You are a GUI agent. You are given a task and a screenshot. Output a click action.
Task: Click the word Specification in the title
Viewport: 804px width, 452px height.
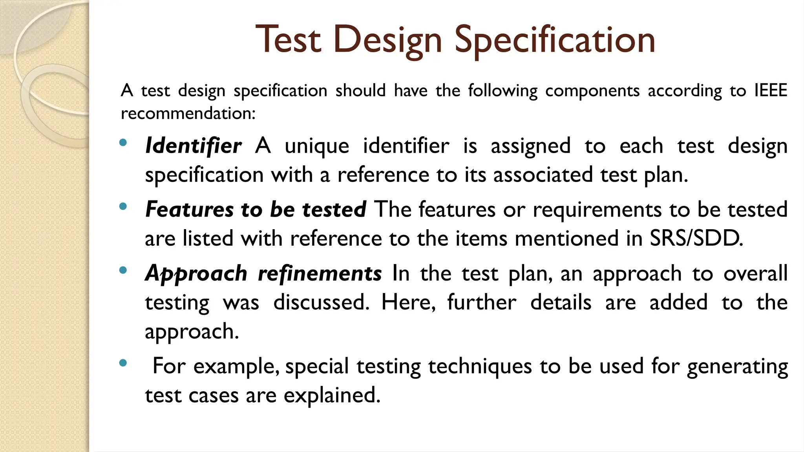pyautogui.click(x=555, y=40)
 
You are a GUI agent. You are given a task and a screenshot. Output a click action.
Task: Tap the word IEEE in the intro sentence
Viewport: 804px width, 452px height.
pyautogui.click(x=771, y=91)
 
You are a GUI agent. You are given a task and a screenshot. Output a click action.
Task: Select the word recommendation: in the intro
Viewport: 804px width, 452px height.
pyautogui.click(x=188, y=114)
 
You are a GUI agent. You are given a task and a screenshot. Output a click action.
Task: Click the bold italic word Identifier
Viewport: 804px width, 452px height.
pyautogui.click(x=193, y=146)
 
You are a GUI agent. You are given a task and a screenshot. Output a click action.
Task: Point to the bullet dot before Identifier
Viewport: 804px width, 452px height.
pyautogui.click(x=123, y=143)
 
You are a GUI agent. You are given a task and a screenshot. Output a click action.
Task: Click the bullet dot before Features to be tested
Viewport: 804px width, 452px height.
pyautogui.click(x=123, y=206)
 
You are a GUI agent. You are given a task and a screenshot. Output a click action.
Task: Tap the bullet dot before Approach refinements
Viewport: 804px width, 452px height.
pyautogui.click(x=123, y=270)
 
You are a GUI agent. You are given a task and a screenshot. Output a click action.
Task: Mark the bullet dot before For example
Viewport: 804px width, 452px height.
pyautogui.click(x=123, y=363)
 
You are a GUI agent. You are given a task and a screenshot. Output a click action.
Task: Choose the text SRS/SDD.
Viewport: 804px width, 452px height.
pyautogui.click(x=696, y=239)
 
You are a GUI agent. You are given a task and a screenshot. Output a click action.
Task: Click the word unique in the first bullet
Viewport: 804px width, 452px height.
pyautogui.click(x=317, y=146)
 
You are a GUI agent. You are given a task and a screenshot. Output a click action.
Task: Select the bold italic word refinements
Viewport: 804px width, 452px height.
pyautogui.click(x=320, y=273)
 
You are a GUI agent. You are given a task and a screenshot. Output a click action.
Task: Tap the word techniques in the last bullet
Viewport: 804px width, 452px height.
pyautogui.click(x=480, y=366)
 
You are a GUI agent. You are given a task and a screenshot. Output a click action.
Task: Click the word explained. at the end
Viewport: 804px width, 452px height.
pyautogui.click(x=332, y=395)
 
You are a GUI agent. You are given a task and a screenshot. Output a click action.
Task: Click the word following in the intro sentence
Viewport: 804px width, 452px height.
pyautogui.click(x=502, y=91)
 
